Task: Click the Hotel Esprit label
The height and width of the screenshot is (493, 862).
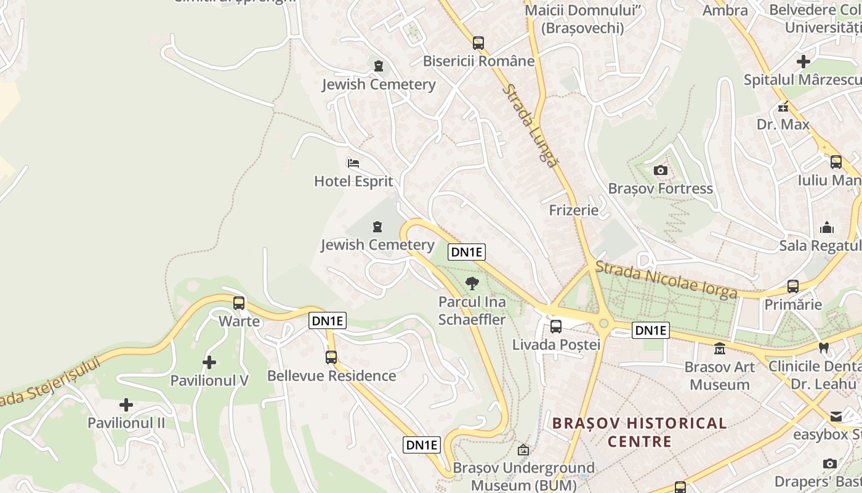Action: (353, 181)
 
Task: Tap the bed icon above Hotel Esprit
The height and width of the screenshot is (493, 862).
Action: (353, 163)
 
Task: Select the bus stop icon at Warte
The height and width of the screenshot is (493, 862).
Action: (239, 303)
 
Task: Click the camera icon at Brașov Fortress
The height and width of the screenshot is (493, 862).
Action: (661, 170)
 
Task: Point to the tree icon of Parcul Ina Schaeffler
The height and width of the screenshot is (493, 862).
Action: (472, 283)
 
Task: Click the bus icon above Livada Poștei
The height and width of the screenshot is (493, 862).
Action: (556, 327)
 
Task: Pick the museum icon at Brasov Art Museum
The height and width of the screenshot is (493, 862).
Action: (719, 349)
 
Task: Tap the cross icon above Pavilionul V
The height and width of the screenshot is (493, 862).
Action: (209, 362)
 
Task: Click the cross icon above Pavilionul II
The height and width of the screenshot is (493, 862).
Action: (126, 405)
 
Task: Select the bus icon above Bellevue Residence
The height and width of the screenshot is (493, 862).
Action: (331, 357)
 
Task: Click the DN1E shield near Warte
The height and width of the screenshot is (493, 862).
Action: (328, 320)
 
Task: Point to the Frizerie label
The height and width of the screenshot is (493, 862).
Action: (574, 210)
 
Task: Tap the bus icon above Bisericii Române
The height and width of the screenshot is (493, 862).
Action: (478, 43)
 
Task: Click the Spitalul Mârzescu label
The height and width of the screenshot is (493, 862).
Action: (802, 80)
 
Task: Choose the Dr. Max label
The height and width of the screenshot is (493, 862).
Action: (783, 124)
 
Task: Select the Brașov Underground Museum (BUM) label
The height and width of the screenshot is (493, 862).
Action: (524, 476)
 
